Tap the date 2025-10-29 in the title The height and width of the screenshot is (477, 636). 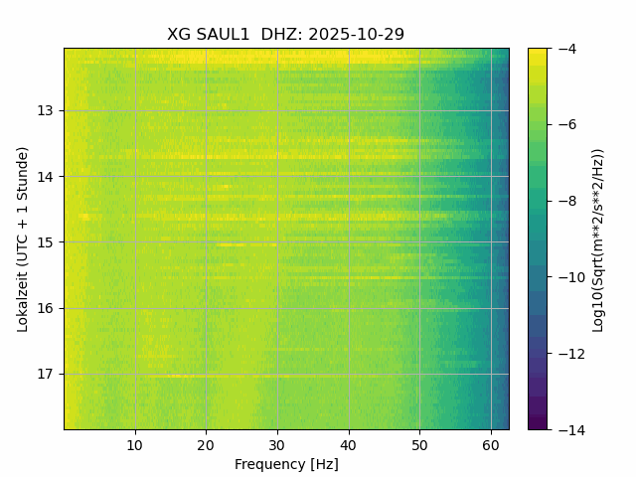pyautogui.click(x=356, y=35)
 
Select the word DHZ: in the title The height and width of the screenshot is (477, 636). pyautogui.click(x=282, y=35)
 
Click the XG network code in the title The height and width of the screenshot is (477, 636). pyautogui.click(x=179, y=35)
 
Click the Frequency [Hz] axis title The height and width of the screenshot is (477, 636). pyautogui.click(x=286, y=464)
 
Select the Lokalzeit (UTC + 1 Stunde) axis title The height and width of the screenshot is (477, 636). pyautogui.click(x=22, y=238)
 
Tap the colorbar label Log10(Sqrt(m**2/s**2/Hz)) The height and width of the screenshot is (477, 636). pyautogui.click(x=598, y=238)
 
